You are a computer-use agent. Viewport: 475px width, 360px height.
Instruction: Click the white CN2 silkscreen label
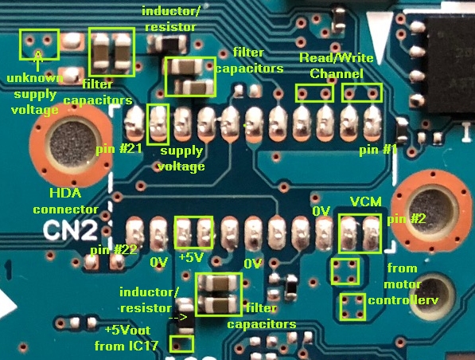click(71, 231)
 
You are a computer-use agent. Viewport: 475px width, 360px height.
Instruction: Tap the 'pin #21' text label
click(119, 149)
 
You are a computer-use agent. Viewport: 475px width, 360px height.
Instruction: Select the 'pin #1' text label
click(378, 150)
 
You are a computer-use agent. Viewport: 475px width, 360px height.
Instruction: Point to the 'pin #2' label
click(407, 219)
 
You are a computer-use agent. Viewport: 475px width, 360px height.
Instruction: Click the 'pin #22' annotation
click(114, 250)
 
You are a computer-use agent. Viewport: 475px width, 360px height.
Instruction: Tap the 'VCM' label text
click(366, 202)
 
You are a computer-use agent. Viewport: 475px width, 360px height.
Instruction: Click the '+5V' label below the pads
click(190, 257)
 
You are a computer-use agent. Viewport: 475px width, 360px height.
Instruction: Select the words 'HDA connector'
click(66, 201)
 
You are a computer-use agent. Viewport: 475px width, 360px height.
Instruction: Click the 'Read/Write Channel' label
click(337, 65)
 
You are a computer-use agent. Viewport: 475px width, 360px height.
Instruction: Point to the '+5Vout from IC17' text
click(127, 338)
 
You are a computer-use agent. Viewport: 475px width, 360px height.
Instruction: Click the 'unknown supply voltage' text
click(35, 94)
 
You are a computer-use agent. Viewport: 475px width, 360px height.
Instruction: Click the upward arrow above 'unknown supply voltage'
click(38, 61)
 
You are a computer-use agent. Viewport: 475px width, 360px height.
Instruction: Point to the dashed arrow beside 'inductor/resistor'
click(177, 318)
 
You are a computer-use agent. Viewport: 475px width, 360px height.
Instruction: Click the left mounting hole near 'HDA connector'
click(72, 143)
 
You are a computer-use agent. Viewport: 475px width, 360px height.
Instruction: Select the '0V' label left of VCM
click(321, 211)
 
